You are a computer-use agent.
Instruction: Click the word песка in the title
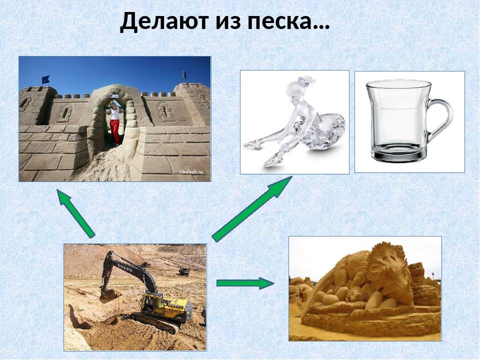coord(282,21)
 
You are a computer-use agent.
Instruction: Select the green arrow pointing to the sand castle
coord(75,213)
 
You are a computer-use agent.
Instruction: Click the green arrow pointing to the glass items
coord(251,209)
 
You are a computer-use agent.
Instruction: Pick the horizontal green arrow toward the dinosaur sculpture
coord(245,283)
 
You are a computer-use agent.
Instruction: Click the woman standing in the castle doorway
coord(115,123)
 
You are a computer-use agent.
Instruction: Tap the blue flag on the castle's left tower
coord(45,79)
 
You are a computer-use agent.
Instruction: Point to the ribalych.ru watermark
coord(191,172)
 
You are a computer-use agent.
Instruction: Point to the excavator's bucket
coord(108,295)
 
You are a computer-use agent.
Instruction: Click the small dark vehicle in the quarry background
coord(183,271)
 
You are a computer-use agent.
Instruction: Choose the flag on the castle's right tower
coord(184,74)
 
